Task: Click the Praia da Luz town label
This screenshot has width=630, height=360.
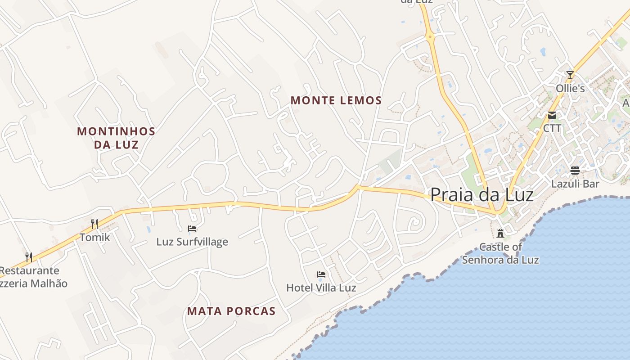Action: (481, 195)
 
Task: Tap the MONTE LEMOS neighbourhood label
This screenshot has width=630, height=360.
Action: (336, 100)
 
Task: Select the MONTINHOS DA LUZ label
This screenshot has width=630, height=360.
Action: (116, 138)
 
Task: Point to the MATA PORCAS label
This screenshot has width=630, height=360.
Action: (231, 311)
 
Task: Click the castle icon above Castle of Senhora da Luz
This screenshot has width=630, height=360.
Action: (500, 233)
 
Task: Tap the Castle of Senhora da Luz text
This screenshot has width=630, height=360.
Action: (500, 253)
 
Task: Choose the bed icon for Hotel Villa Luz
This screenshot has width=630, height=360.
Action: (321, 274)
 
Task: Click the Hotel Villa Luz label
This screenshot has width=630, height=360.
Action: (321, 288)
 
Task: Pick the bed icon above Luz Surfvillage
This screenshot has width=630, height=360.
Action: (192, 229)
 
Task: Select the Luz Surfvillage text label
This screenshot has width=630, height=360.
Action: (192, 242)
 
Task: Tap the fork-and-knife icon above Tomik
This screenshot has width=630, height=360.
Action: (94, 224)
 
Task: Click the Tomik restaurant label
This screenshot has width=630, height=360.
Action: (94, 237)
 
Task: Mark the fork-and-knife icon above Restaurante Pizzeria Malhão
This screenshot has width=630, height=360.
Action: (29, 257)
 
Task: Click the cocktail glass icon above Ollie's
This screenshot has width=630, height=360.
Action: (570, 75)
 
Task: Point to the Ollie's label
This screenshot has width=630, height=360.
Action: (570, 88)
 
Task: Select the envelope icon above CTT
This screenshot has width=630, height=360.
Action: (552, 115)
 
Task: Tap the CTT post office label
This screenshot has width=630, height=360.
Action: (552, 128)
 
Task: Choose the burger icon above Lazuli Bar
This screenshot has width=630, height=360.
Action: (575, 171)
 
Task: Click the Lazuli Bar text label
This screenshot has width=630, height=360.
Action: (575, 184)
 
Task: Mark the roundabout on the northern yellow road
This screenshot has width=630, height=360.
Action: (431, 36)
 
